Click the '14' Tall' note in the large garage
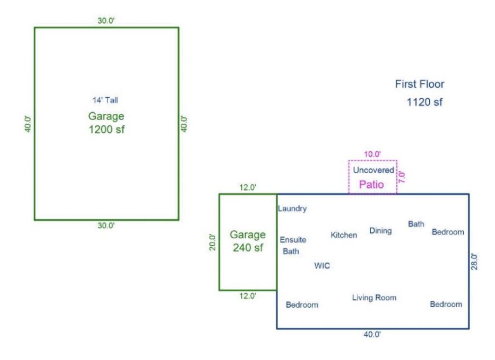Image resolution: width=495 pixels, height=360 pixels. point(105,100)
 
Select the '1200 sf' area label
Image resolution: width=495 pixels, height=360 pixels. point(107,129)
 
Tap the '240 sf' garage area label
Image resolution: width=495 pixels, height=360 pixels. point(248,247)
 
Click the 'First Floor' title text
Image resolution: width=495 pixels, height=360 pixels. point(420,84)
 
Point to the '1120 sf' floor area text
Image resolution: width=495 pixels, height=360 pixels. point(424,102)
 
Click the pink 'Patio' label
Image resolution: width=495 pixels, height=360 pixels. point(372,184)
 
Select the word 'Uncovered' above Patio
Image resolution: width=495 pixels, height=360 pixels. point(374,170)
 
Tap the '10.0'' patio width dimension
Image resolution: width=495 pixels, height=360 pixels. point(373,154)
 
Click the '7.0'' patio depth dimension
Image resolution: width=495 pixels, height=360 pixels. point(402,177)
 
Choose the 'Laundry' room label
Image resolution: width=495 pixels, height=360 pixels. point(292,209)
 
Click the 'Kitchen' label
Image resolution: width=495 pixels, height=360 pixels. point(344,235)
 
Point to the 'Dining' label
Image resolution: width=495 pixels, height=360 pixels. point(381,231)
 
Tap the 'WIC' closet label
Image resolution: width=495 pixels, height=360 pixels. point(322,266)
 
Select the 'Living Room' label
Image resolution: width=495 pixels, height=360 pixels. point(375,298)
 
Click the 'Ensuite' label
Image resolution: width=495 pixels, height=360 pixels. point(293,240)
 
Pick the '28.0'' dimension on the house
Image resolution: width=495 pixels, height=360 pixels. point(474,262)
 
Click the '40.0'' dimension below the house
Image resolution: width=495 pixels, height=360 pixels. point(373,334)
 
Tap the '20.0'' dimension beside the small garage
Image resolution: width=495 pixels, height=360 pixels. point(213,242)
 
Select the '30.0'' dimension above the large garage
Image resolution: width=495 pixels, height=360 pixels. point(106,21)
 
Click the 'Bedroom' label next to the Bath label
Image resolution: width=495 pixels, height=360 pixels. point(448,232)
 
